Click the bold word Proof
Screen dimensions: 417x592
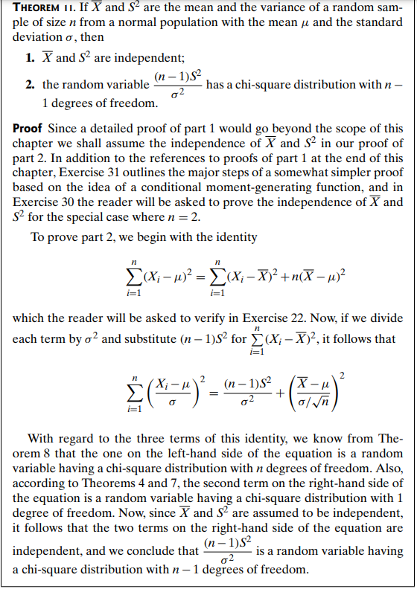(28, 128)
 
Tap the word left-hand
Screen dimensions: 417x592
(178, 467)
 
